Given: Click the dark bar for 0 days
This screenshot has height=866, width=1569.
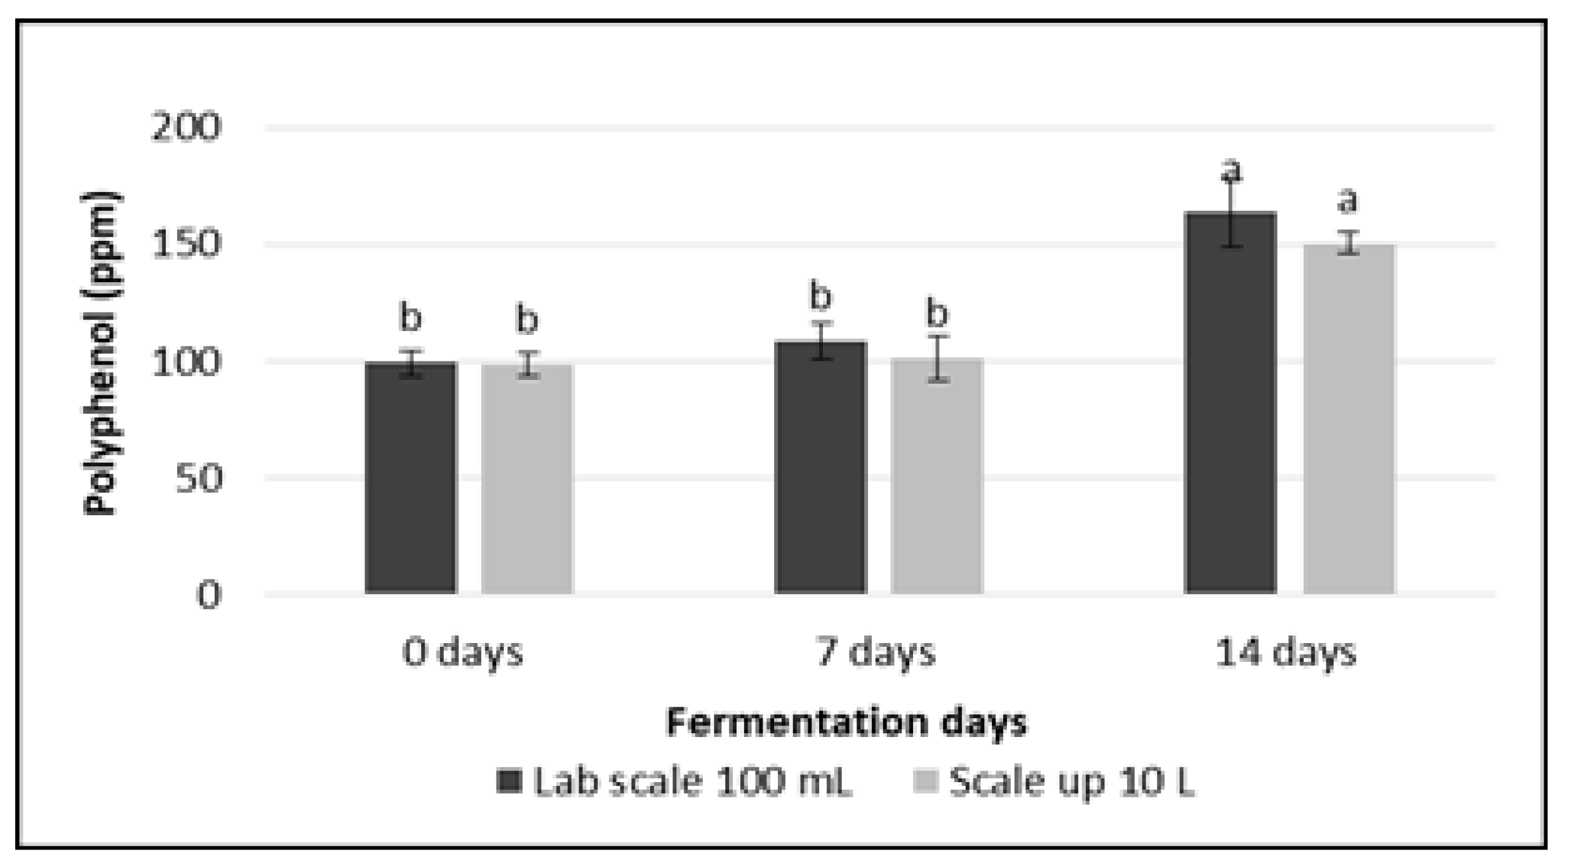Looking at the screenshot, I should [x=411, y=477].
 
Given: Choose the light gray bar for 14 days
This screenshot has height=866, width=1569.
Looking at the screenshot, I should [x=1349, y=419].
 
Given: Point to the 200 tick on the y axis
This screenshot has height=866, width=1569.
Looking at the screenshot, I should [x=185, y=128].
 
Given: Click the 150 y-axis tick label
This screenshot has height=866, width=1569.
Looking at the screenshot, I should [x=185, y=245].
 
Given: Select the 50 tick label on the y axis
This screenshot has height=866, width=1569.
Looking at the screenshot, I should [x=198, y=478].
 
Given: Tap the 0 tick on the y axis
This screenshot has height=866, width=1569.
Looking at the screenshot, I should [x=208, y=595].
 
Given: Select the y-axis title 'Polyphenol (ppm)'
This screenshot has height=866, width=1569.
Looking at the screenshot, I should [x=102, y=353].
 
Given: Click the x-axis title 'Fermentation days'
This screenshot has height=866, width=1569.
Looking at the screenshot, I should [x=846, y=722].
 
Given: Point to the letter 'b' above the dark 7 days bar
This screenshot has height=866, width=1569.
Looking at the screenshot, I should [x=820, y=297].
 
